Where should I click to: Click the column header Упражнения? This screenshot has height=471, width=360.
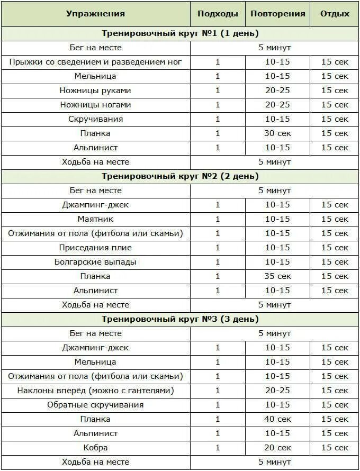pos(95,14)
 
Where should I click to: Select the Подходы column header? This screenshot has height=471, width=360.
pos(218,14)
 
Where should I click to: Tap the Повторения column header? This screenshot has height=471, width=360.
pos(278,14)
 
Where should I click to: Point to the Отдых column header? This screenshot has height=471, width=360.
pos(335,14)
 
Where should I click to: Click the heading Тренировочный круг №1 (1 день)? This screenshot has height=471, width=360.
pos(180,33)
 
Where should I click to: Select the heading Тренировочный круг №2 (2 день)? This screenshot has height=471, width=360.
pos(180,176)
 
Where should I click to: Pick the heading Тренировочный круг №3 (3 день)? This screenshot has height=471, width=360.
pos(180,319)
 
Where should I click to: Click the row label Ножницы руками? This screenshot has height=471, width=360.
pos(95,90)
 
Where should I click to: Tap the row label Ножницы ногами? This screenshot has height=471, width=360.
pos(95,105)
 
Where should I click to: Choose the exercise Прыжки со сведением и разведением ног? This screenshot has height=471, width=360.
pos(95,62)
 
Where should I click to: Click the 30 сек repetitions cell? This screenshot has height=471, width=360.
pos(278,133)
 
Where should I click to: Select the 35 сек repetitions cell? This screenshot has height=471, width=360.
pos(278,276)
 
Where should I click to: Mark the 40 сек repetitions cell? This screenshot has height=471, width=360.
pos(278,419)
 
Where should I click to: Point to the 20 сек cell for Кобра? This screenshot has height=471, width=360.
pos(278,448)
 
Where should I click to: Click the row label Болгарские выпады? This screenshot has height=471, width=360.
pos(95,262)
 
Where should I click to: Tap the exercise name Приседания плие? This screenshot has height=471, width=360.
pos(95,248)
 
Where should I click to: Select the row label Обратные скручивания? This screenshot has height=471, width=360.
pos(95,405)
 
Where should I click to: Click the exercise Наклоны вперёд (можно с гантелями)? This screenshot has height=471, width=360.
pos(95,391)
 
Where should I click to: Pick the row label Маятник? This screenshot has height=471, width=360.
pos(95,219)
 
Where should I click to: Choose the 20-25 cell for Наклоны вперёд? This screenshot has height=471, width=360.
pos(278,391)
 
